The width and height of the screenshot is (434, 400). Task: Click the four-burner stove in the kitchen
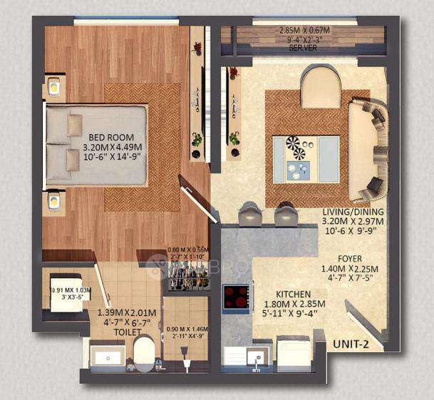237,298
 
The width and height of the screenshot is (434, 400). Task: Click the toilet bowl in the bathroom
145,352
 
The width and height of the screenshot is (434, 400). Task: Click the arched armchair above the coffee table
321,87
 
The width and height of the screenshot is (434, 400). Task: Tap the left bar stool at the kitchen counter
250,213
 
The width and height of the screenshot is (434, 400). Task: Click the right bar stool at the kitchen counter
286,213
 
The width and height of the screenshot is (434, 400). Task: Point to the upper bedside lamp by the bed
53,88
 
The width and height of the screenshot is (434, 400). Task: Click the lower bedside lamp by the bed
53,202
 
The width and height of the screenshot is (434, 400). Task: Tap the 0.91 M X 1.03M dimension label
72,290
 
